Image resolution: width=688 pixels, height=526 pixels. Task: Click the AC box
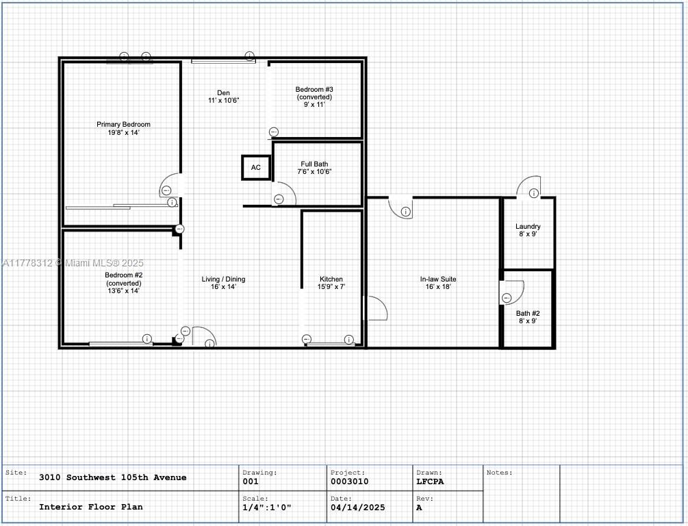(256, 167)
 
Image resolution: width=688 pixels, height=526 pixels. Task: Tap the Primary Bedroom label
(123, 128)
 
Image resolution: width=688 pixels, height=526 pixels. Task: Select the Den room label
(223, 97)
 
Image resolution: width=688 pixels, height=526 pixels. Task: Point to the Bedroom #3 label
(314, 97)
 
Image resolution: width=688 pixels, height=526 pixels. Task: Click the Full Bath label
(314, 168)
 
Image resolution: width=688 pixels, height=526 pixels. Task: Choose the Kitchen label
(331, 283)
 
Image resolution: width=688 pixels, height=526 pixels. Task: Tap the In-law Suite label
(438, 283)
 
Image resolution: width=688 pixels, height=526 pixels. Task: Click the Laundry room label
(528, 230)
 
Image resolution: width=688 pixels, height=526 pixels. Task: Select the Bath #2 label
(528, 317)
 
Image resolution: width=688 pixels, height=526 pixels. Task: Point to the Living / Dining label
(223, 283)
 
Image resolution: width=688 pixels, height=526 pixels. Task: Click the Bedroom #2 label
(124, 283)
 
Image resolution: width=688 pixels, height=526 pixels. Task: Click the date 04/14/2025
(357, 508)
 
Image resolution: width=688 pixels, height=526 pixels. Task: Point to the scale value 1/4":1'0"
(267, 508)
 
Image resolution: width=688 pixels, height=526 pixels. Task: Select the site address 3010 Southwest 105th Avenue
(113, 477)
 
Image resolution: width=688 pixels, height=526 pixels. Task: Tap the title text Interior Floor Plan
(91, 507)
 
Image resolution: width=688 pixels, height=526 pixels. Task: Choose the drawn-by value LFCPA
(430, 481)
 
